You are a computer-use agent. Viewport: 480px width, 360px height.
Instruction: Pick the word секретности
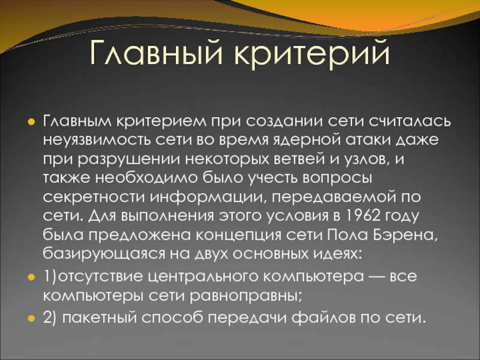coord(94,197)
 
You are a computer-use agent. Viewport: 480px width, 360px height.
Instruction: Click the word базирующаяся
coord(104,254)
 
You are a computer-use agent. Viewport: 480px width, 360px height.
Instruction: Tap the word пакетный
coord(100,318)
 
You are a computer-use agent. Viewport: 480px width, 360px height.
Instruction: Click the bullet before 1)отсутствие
coord(31,277)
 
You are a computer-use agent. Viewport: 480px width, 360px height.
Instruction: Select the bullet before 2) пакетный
coord(31,319)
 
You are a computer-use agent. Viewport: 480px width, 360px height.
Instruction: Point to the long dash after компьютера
coord(377,277)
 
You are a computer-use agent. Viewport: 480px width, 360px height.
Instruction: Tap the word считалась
coord(410,121)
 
